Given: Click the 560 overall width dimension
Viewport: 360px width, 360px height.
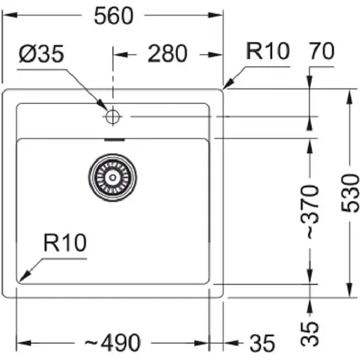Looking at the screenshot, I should click(113, 15).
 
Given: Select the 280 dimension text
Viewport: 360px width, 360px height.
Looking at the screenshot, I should click(167, 53).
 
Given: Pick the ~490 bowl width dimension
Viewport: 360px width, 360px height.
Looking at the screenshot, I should click(113, 342).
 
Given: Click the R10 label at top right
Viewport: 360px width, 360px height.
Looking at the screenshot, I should click(267, 51).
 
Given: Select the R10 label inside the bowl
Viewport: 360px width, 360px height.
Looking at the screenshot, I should click(64, 243).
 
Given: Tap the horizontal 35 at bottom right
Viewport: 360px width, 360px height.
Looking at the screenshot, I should click(262, 342).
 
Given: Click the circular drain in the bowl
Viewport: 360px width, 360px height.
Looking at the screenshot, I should click(110, 177).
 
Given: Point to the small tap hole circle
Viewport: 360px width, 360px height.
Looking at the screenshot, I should click(111, 117).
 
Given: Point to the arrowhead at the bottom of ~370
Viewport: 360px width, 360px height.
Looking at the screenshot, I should click(310, 278).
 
